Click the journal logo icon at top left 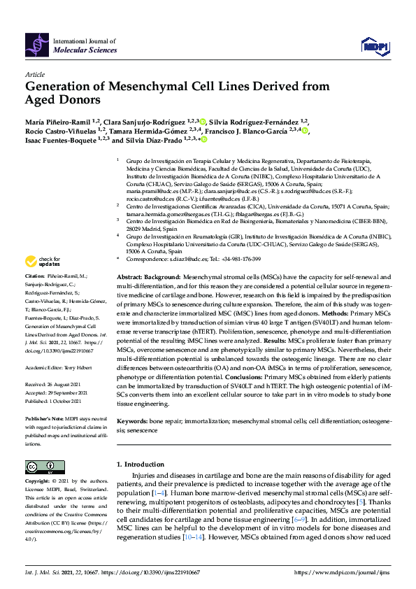[38, 46]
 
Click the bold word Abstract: [131, 278]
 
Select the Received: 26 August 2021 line [59, 383]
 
